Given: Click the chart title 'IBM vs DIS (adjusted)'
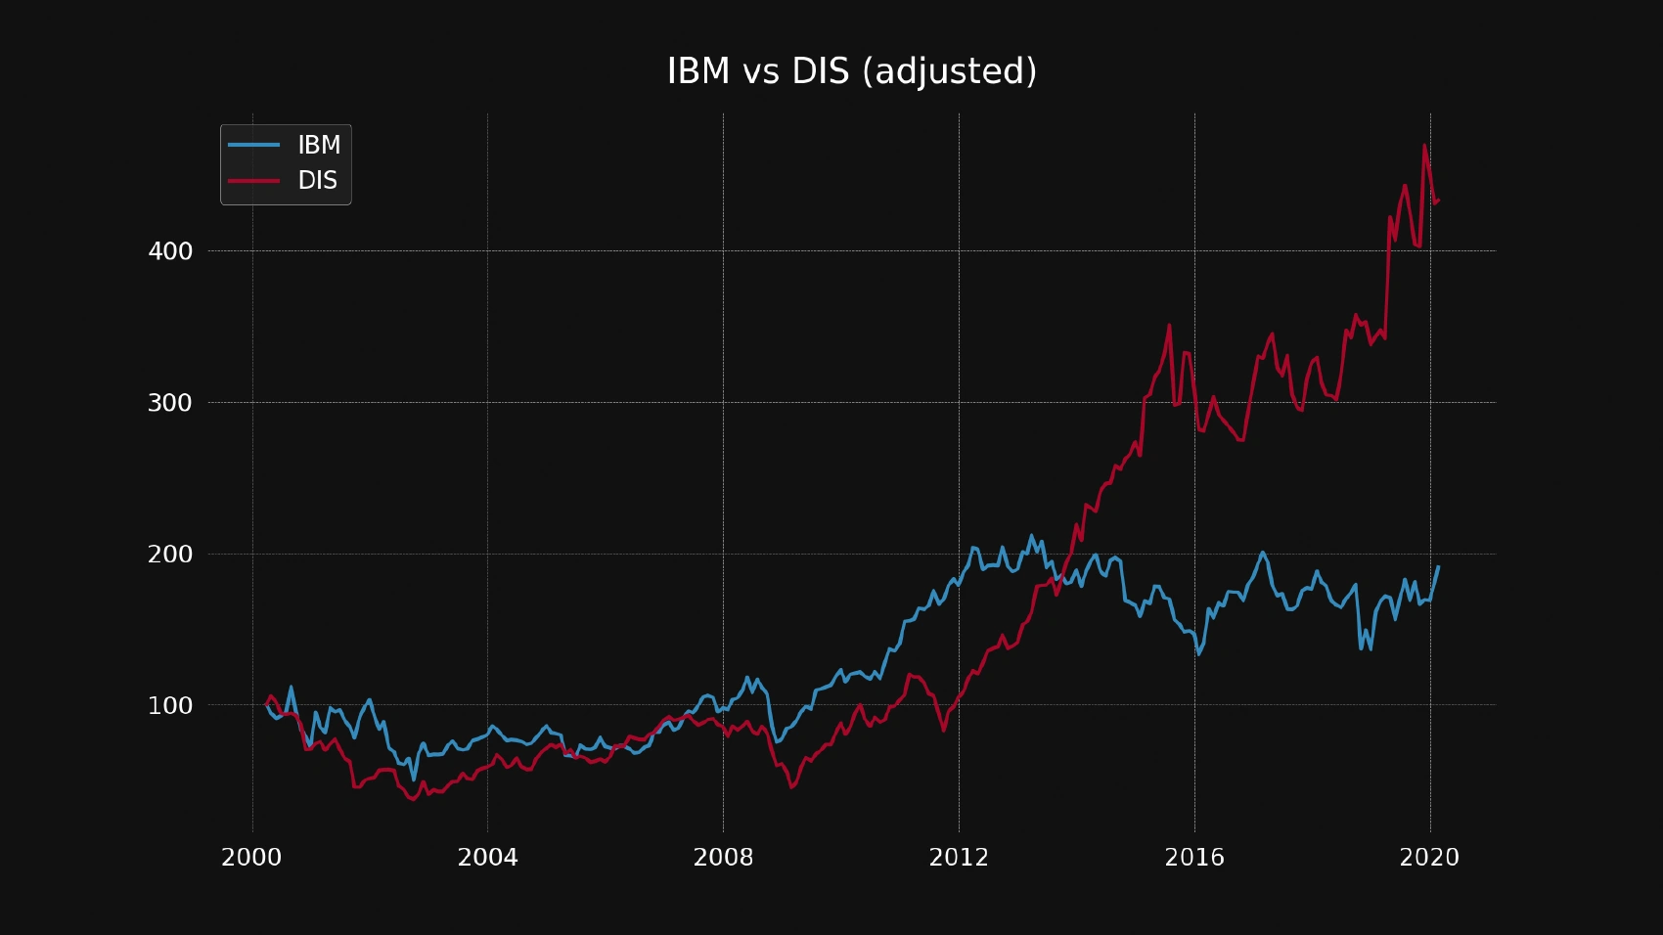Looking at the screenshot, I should [x=851, y=71].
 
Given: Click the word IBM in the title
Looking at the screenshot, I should [x=698, y=71].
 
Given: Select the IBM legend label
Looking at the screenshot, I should [x=319, y=145].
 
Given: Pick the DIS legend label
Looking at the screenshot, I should [x=317, y=180].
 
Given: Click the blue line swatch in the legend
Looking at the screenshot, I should [x=253, y=145].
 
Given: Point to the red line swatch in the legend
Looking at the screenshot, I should [x=253, y=180].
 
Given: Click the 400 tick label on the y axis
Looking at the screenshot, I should [x=170, y=251].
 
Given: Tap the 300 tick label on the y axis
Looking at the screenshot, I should [x=170, y=403].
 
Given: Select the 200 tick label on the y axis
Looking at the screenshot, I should [x=170, y=555].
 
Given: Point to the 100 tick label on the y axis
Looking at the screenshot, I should [x=170, y=705].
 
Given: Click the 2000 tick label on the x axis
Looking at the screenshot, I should [x=251, y=858].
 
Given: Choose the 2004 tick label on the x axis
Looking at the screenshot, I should [x=487, y=858].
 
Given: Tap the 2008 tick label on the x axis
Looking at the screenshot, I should [x=723, y=858].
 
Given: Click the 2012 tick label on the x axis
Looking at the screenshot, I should [x=959, y=858].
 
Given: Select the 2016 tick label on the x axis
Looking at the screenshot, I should [x=1193, y=858].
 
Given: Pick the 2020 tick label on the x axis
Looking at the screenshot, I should [x=1429, y=858].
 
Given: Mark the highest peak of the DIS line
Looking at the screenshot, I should [x=1424, y=146].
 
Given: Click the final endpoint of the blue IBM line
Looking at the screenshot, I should [x=1438, y=567].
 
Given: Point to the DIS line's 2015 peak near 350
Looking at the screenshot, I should [x=1169, y=326].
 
